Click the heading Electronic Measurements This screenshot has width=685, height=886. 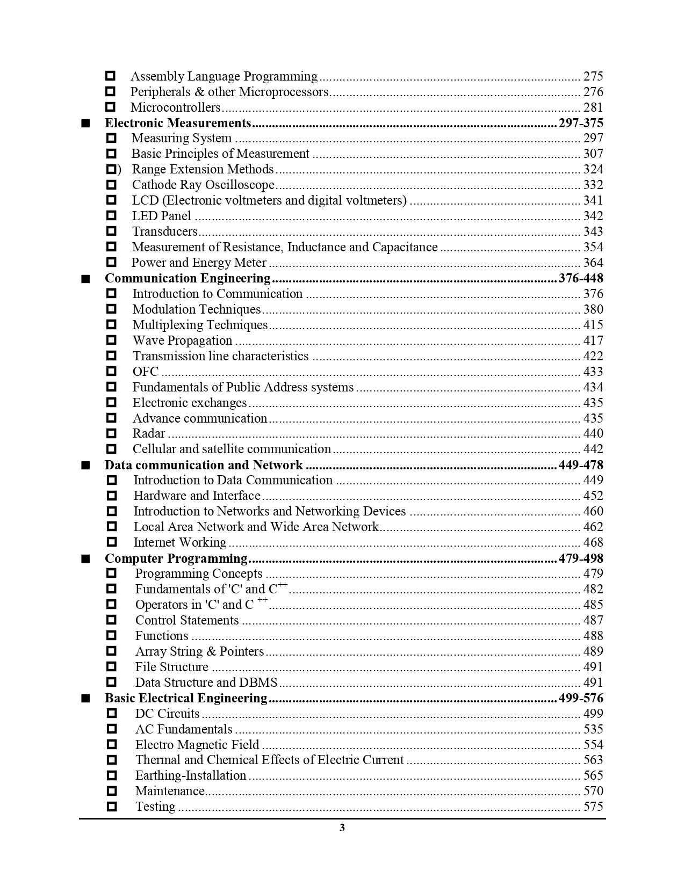(x=178, y=123)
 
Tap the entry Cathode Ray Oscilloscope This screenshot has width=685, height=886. (x=203, y=185)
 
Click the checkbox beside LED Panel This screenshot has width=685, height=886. (x=111, y=216)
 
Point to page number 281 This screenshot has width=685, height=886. (x=593, y=107)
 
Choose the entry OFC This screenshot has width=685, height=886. (x=146, y=372)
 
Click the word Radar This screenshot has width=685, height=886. (x=149, y=434)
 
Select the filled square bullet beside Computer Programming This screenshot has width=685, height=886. (x=85, y=558)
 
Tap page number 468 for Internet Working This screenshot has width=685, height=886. (x=593, y=542)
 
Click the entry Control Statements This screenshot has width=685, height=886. (x=187, y=621)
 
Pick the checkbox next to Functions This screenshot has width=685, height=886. (x=111, y=636)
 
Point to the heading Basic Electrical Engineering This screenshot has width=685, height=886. (x=186, y=698)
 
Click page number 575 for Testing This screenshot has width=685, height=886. (x=593, y=807)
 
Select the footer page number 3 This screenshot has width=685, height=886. (x=342, y=827)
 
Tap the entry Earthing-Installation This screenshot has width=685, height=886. (x=191, y=776)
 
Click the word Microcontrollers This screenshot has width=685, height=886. (x=176, y=107)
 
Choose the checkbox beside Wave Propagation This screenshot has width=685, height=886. (x=111, y=340)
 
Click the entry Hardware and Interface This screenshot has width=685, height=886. (x=197, y=496)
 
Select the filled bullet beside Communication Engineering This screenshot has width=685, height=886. (x=85, y=279)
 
